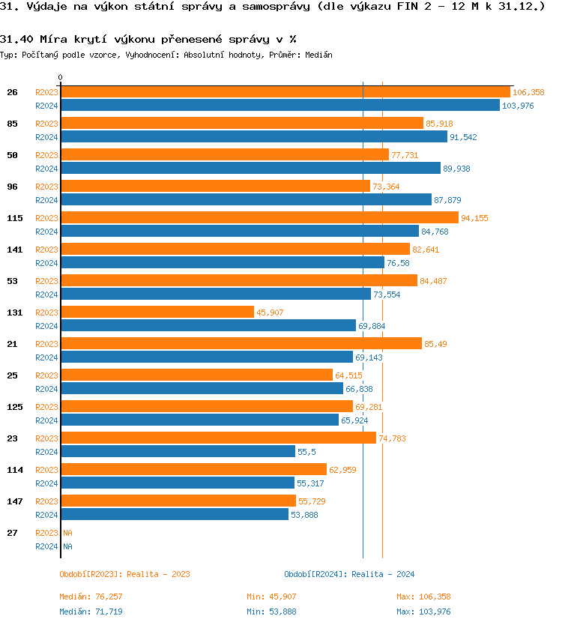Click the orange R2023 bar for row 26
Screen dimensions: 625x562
285,92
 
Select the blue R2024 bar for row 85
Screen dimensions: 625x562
253,136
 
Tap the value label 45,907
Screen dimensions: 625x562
270,312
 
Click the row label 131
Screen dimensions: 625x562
12,312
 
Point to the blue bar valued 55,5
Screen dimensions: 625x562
178,451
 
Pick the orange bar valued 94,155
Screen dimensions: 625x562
259,218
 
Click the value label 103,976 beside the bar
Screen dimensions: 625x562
518,106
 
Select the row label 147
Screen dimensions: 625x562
12,501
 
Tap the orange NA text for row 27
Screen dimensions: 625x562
67,533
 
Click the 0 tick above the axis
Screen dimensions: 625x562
61,77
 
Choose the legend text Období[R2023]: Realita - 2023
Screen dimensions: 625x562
124,574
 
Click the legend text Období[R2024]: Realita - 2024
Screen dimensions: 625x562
349,574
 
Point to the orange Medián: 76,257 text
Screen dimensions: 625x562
91,597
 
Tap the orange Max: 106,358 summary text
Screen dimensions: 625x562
423,597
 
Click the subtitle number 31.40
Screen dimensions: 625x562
16,39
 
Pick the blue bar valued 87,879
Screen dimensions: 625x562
246,199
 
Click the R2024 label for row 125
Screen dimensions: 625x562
46,420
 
